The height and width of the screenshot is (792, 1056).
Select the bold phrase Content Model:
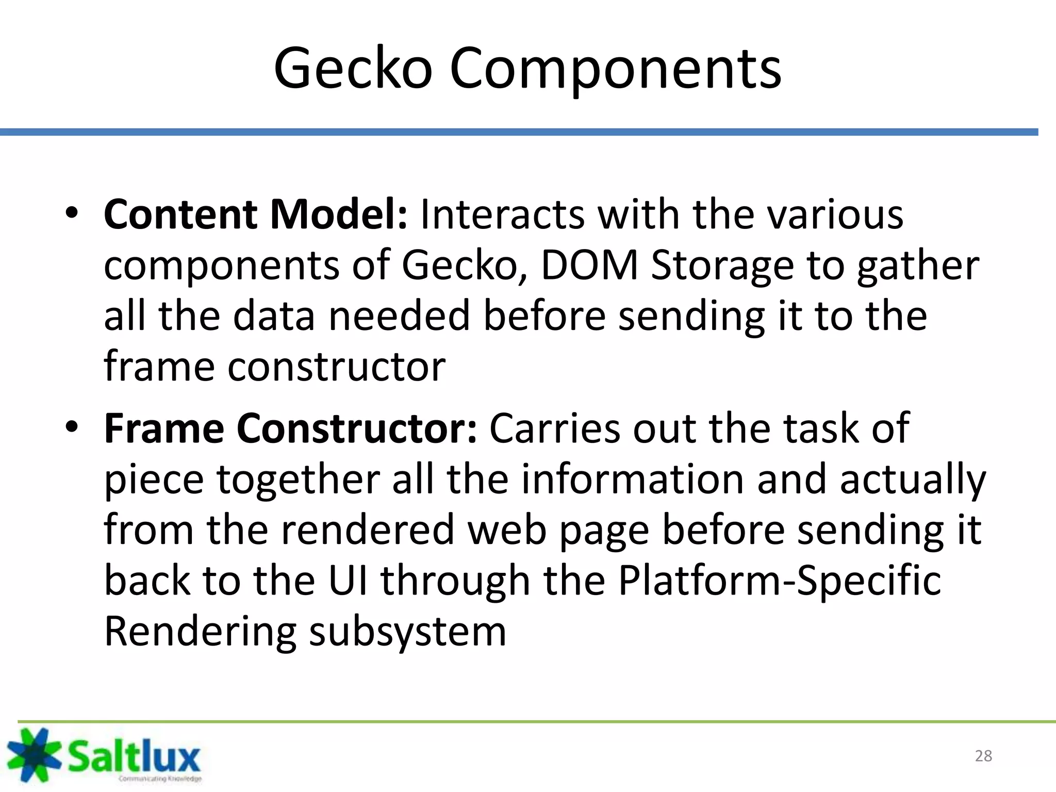[256, 214]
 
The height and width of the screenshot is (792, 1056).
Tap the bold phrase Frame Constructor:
[290, 428]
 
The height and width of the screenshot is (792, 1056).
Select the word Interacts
[502, 214]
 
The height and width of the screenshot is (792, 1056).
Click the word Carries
[554, 428]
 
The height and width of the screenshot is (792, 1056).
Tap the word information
[633, 479]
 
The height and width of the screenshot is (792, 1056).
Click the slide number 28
[983, 756]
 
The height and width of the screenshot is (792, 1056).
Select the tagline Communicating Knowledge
[160, 779]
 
